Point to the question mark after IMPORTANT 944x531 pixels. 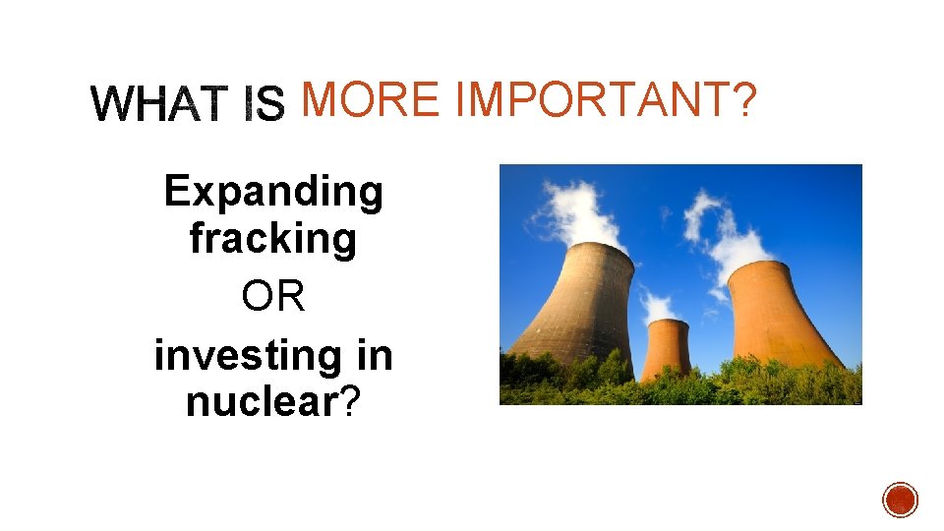pyautogui.click(x=746, y=100)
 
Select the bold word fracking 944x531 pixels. pyautogui.click(x=273, y=238)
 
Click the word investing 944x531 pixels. pyautogui.click(x=242, y=355)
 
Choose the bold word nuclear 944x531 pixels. pyautogui.click(x=261, y=402)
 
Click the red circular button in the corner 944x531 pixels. pyautogui.click(x=900, y=500)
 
